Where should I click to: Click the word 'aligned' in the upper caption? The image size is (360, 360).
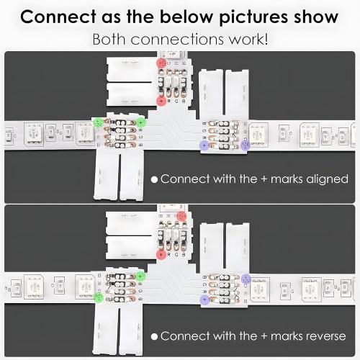(x=323, y=179)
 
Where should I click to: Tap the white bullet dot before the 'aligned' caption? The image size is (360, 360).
(x=153, y=179)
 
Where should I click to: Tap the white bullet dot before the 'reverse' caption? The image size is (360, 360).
(x=153, y=336)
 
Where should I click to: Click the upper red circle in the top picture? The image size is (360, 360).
(x=161, y=64)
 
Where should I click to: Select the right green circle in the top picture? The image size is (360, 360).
(x=142, y=122)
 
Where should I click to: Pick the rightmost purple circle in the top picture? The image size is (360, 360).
(x=247, y=145)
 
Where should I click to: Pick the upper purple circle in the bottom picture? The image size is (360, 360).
(x=247, y=277)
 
